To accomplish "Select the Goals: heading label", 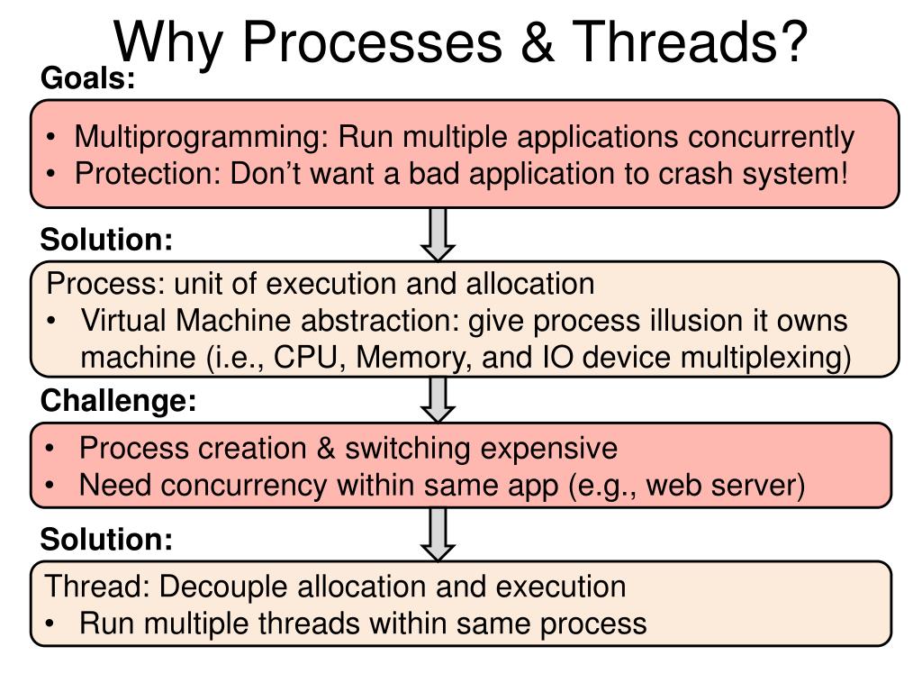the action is (87, 79).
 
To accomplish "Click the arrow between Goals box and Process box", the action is (438, 232).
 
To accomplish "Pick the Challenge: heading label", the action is (118, 401).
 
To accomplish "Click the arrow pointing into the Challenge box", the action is (438, 398).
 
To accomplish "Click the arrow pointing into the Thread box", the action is (438, 533).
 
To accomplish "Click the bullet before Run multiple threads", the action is (55, 624).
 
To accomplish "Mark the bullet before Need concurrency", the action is (55, 486).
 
